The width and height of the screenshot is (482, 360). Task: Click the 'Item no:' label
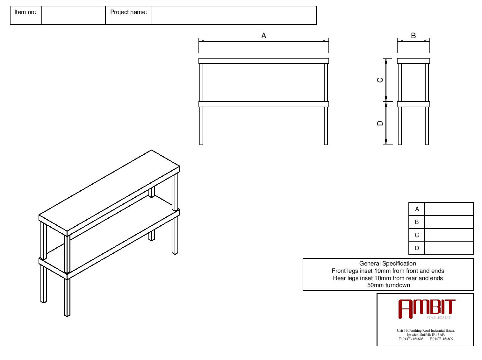[x=25, y=12]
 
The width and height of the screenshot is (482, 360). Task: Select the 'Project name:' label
[x=128, y=12]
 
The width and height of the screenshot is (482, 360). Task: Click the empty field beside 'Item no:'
[x=73, y=15]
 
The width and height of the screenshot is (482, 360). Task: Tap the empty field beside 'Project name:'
[x=234, y=15]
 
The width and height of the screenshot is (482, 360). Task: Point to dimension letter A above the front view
[x=263, y=36]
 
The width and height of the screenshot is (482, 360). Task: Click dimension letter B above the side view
[x=413, y=36]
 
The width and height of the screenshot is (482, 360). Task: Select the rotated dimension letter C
[x=380, y=80]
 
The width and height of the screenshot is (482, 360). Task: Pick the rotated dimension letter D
[x=380, y=123]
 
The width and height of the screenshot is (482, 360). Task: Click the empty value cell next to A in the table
[x=449, y=209]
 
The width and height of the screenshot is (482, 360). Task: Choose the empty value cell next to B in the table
[x=449, y=222]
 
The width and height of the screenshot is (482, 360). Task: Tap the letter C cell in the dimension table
[x=417, y=235]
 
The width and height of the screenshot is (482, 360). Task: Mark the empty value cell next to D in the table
[x=449, y=248]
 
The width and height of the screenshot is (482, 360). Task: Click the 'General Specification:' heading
[x=388, y=264]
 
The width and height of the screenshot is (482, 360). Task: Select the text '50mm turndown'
[x=388, y=285]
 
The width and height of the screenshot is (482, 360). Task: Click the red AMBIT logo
[x=427, y=309]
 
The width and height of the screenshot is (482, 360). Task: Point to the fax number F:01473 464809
[x=441, y=339]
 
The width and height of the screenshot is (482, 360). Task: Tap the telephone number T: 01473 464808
[x=411, y=339]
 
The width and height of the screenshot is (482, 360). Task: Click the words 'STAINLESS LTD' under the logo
[x=439, y=317]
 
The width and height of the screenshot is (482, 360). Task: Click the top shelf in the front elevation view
[x=263, y=61]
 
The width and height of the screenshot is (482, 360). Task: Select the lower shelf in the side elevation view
[x=413, y=104]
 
